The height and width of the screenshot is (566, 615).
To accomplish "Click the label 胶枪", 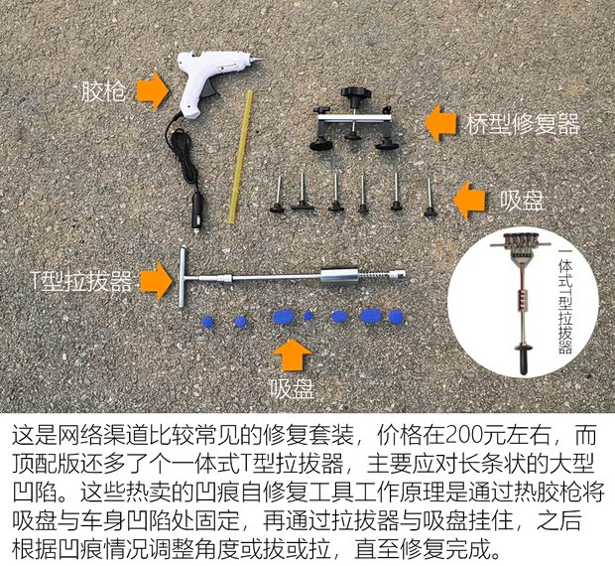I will (103, 93).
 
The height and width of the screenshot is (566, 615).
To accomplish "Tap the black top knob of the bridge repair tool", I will (352, 96).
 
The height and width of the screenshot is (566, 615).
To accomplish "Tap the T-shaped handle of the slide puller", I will (185, 272).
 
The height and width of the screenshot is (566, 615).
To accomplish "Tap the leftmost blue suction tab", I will (208, 323).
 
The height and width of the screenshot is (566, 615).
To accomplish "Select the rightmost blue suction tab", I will (395, 318).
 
